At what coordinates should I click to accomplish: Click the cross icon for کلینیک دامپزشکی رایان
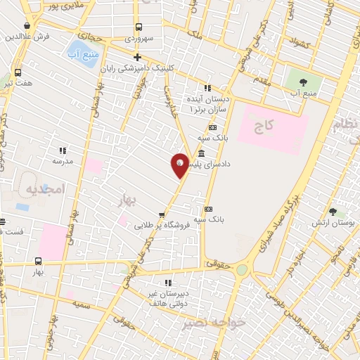coord(138,58)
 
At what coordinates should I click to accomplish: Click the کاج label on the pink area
coord(263,127)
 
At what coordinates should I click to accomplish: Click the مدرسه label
coord(62,160)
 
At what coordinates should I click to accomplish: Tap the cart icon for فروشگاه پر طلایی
coord(162,215)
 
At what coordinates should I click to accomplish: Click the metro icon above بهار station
coord(38,260)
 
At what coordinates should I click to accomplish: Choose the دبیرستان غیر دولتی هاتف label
coord(167,298)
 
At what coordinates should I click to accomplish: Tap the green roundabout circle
coord(242,270)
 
